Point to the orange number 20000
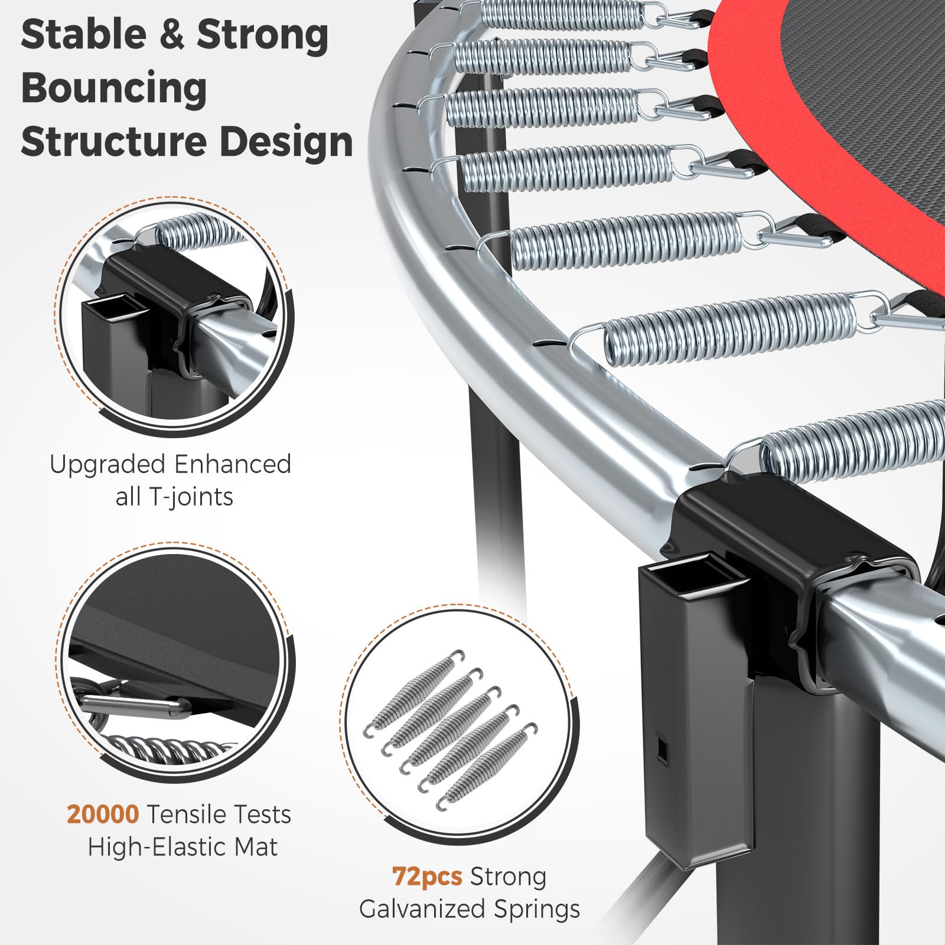click(103, 814)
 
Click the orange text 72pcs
click(427, 876)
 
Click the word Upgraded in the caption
click(97, 465)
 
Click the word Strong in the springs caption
click(508, 877)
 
